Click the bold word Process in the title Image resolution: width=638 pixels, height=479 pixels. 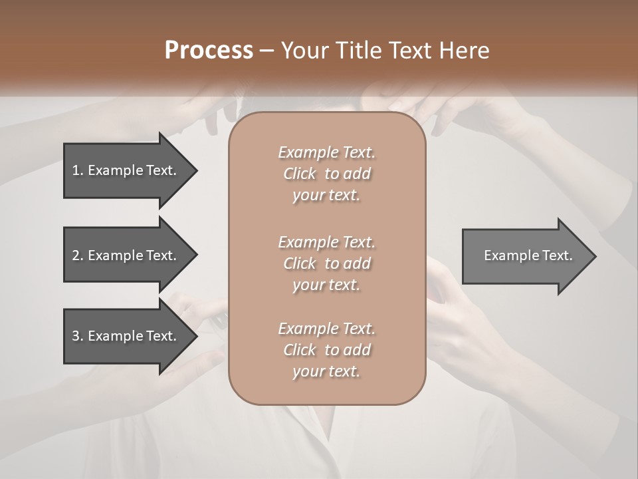pos(209,51)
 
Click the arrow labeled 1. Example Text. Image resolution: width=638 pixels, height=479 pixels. pos(126,170)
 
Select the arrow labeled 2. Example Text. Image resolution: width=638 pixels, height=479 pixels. pos(126,255)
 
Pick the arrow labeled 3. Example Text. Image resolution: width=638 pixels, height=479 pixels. pos(126,336)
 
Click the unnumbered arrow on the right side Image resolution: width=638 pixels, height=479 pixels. pos(525,255)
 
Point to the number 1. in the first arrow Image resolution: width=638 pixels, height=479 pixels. pos(78,170)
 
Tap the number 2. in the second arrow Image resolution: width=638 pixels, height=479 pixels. pos(78,255)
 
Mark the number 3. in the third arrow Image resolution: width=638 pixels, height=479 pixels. pos(78,336)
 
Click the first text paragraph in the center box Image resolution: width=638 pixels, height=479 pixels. pos(326,174)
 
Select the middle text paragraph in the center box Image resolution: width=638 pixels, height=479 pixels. pos(326,263)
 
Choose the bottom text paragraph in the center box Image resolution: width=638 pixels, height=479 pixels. pos(326,350)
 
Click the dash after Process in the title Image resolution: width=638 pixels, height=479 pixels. pos(267,51)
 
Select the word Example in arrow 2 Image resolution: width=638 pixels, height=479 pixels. pos(116,255)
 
